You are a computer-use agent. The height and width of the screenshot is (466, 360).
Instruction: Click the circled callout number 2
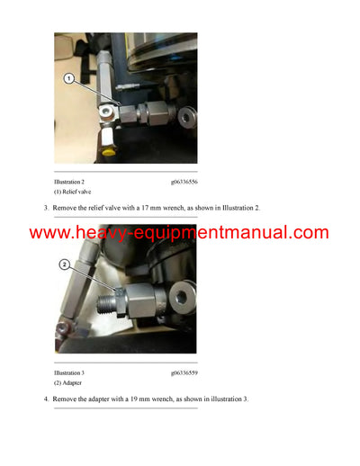[65, 264]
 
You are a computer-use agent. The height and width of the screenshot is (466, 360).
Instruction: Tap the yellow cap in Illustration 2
[110, 153]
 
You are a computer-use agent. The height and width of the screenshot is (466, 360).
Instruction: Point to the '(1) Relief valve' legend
[73, 192]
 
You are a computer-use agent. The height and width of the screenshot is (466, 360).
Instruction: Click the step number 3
[45, 209]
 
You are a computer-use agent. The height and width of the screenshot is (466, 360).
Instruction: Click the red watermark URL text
[179, 233]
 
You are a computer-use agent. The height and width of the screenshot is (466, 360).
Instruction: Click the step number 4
[45, 399]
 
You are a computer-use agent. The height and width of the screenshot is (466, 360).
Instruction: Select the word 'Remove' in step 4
[67, 399]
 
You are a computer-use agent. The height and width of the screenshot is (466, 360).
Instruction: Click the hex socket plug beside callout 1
[108, 110]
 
